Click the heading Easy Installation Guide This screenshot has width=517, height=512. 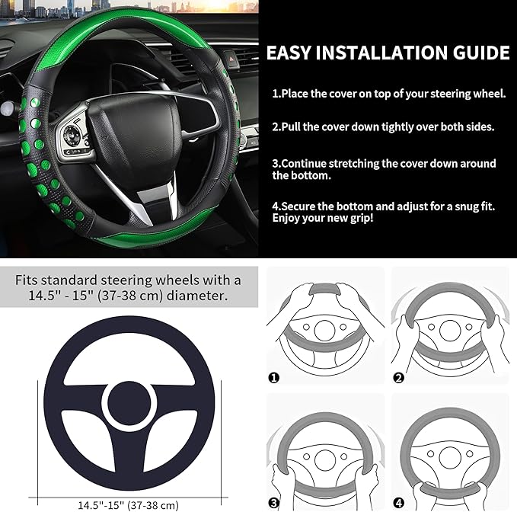click(x=388, y=53)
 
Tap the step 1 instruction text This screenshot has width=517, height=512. click(x=389, y=94)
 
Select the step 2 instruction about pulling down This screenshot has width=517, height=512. click(x=383, y=127)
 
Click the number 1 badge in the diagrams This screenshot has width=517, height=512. click(x=274, y=377)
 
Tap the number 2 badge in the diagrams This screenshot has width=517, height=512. click(x=398, y=377)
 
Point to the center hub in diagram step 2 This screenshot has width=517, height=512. click(x=449, y=329)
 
